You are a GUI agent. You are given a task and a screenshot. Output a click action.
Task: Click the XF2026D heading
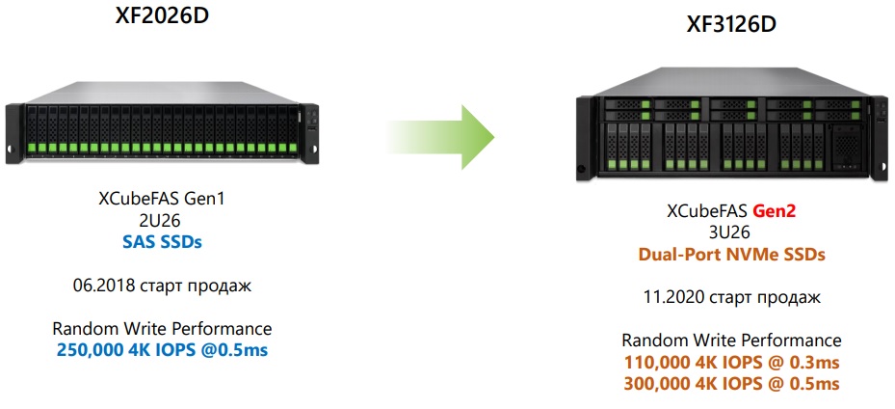coord(162,16)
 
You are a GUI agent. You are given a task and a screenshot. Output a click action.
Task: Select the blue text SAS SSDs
coord(162,242)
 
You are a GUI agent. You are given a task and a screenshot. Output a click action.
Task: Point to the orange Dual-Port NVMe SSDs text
coord(731,256)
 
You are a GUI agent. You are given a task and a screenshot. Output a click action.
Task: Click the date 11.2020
coord(670,298)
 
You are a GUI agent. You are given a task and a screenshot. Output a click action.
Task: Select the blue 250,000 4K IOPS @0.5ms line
coord(162,349)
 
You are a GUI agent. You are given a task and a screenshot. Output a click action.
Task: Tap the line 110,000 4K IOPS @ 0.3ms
coord(731,363)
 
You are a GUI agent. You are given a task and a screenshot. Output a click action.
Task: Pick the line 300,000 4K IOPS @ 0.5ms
coord(731,384)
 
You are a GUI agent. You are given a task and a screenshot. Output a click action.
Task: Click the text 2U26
coord(162,221)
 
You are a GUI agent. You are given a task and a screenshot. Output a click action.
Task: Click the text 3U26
coord(731,233)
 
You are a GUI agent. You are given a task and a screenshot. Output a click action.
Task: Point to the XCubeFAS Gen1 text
coord(162,200)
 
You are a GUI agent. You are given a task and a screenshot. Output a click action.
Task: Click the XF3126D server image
coord(732,135)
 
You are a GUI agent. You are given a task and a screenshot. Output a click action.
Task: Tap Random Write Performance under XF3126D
coord(731,341)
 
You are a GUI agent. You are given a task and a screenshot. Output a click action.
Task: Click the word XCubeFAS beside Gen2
coord(707,211)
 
